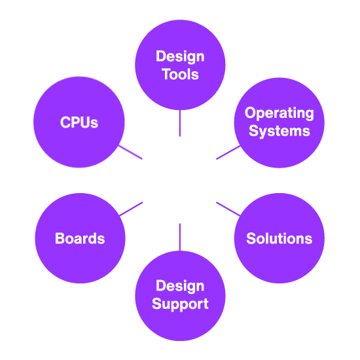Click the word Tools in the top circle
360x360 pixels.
(180, 74)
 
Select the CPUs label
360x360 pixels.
(79, 122)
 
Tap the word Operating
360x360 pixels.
(279, 113)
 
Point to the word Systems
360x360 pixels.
(279, 130)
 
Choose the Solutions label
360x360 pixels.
(279, 238)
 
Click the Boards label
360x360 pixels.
(80, 238)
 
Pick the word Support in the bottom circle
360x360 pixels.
(180, 304)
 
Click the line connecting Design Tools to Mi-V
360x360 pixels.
(180, 122)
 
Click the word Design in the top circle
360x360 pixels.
(180, 57)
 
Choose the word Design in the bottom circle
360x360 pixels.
(180, 287)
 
